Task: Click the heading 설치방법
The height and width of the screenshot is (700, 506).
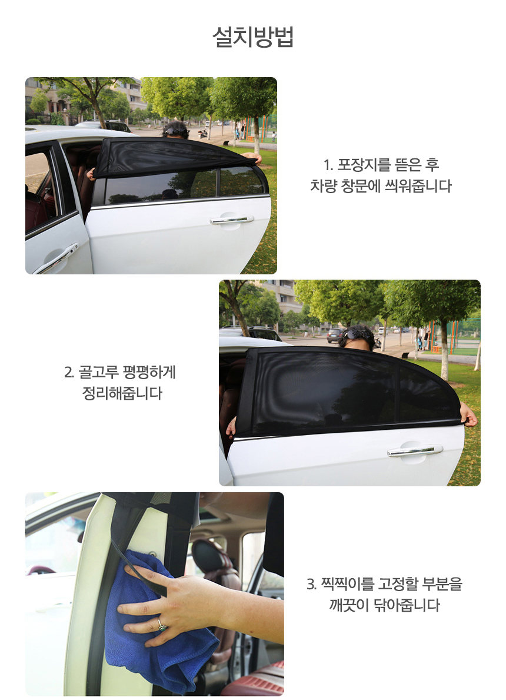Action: [x=253, y=36]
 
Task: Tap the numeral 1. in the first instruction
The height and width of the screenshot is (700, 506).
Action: [x=328, y=165]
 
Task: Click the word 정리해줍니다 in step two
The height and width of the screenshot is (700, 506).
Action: [x=122, y=393]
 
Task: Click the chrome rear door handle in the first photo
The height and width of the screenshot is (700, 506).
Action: [x=232, y=219]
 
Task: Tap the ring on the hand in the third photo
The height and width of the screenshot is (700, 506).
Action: [x=161, y=624]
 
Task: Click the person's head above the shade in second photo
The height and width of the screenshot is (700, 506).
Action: [x=356, y=337]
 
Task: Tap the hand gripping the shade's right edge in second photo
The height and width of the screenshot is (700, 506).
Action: [x=468, y=414]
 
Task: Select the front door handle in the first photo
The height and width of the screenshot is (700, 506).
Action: [x=56, y=259]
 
